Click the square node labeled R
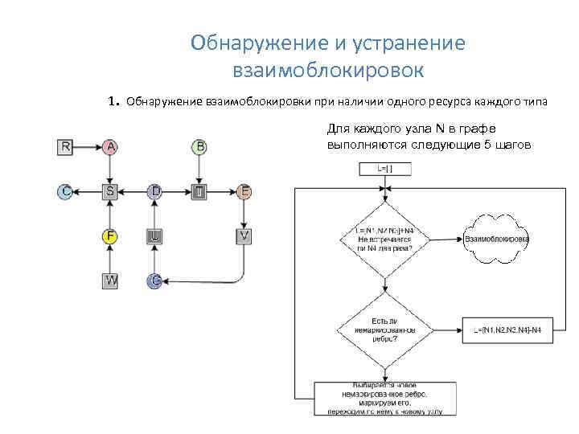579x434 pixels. (66, 147)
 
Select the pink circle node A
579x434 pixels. (110, 147)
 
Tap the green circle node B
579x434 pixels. (199, 147)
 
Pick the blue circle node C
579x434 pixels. (66, 191)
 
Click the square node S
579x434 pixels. (110, 191)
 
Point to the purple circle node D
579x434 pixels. (155, 191)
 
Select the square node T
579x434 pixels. (199, 191)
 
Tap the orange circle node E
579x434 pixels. (244, 191)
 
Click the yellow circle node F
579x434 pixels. (110, 236)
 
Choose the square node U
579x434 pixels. (155, 236)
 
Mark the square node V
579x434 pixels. (244, 236)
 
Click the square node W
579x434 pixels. (110, 280)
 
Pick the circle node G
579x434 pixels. (155, 280)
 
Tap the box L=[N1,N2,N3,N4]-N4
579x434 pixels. (507, 330)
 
